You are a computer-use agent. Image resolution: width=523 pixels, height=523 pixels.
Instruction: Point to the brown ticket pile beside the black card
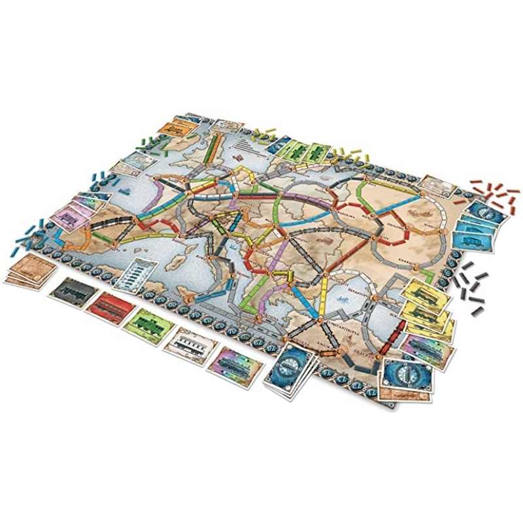pos(29,269)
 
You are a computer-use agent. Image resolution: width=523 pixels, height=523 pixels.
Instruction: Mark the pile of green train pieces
pos(153,142)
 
